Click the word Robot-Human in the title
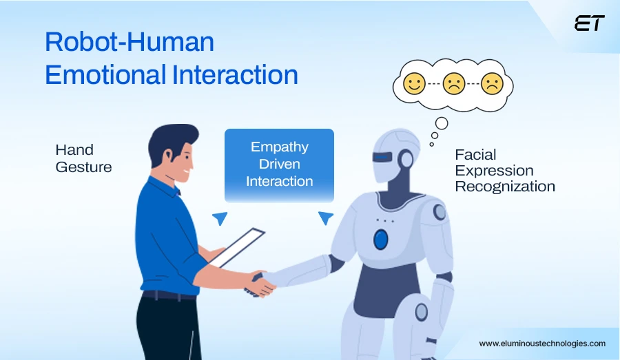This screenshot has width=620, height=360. (x=130, y=43)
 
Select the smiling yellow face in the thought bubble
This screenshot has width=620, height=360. (x=414, y=85)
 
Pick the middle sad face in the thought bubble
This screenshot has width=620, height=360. (x=453, y=85)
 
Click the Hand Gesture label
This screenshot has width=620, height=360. (x=83, y=158)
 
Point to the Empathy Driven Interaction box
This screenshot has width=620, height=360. (x=279, y=165)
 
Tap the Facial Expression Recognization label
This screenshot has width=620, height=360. (x=504, y=170)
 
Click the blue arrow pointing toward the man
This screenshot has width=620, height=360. (x=220, y=218)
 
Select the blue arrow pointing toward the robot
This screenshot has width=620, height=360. (x=325, y=218)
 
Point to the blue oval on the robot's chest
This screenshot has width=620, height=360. (x=380, y=239)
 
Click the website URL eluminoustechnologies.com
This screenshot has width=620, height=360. (x=542, y=343)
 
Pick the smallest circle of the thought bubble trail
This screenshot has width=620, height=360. (x=432, y=144)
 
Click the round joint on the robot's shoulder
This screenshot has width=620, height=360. (x=439, y=212)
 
